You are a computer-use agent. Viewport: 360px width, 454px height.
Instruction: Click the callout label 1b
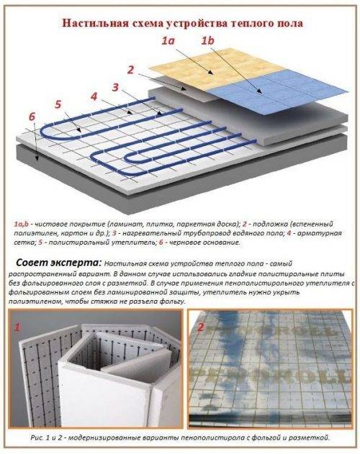(209, 42)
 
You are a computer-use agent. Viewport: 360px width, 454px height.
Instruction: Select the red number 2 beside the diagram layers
(130, 70)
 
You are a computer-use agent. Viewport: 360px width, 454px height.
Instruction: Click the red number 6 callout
(32, 116)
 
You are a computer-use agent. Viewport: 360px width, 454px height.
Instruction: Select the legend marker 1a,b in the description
(23, 224)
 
